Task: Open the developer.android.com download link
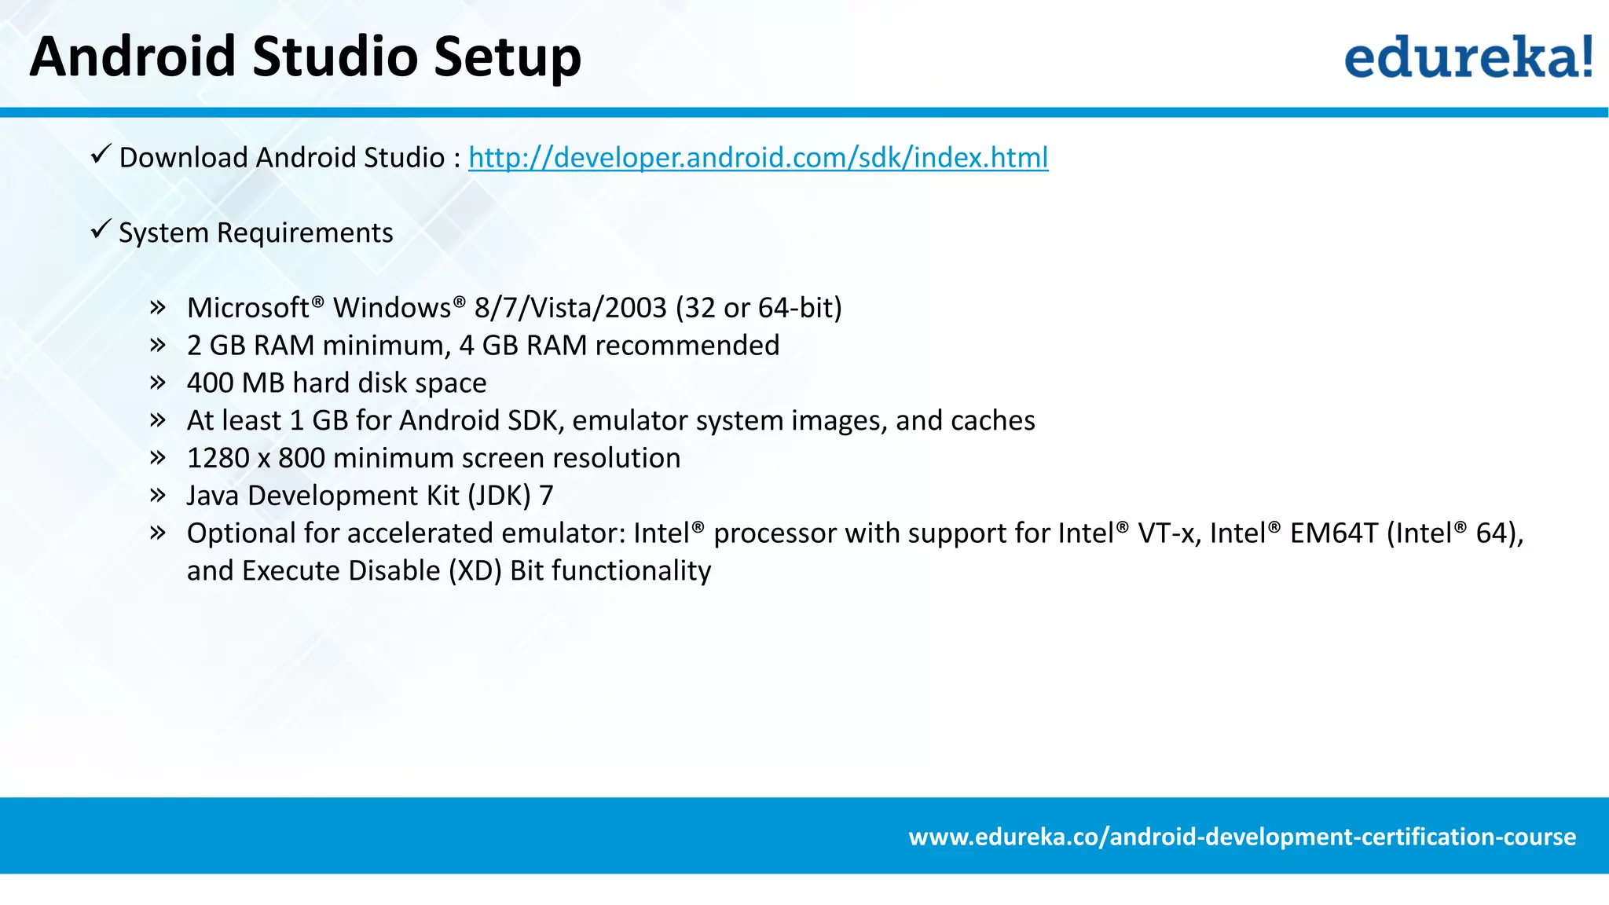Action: (x=758, y=157)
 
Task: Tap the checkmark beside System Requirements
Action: (x=101, y=229)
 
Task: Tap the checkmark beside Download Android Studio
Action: (x=101, y=154)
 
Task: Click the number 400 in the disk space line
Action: (x=210, y=383)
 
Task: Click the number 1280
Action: (x=218, y=458)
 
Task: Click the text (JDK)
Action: (x=500, y=496)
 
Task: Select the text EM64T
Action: (x=1333, y=533)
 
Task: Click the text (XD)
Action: (x=475, y=570)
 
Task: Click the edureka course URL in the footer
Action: (x=1242, y=836)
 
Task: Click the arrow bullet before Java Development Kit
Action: (x=158, y=496)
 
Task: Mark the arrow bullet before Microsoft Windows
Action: (x=158, y=307)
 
